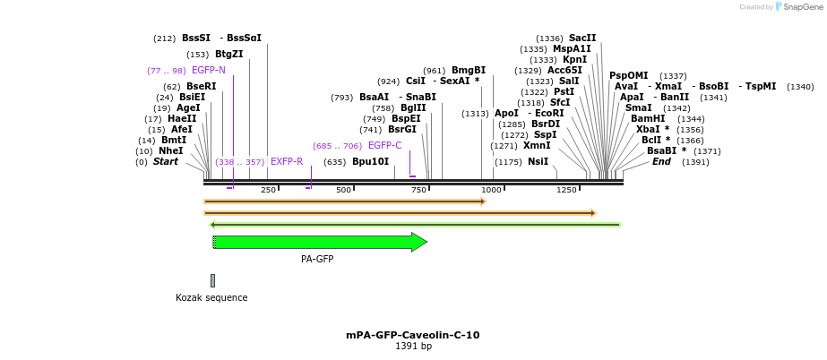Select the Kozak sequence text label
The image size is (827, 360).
211,297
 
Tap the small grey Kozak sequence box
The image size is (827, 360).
212,280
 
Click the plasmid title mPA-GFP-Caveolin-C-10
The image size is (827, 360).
412,335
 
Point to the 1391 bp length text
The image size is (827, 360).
413,347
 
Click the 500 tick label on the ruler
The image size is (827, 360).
343,190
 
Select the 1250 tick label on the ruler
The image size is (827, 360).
566,190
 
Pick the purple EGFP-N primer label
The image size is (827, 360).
209,70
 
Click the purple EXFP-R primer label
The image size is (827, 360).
287,162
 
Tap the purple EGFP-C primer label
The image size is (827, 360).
384,145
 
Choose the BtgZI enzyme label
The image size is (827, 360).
229,54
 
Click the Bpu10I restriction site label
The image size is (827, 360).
370,162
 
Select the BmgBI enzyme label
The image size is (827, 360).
468,70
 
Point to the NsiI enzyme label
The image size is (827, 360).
538,162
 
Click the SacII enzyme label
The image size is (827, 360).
582,38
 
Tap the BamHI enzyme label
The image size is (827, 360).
648,118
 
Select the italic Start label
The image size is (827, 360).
166,162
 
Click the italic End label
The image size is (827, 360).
661,162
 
